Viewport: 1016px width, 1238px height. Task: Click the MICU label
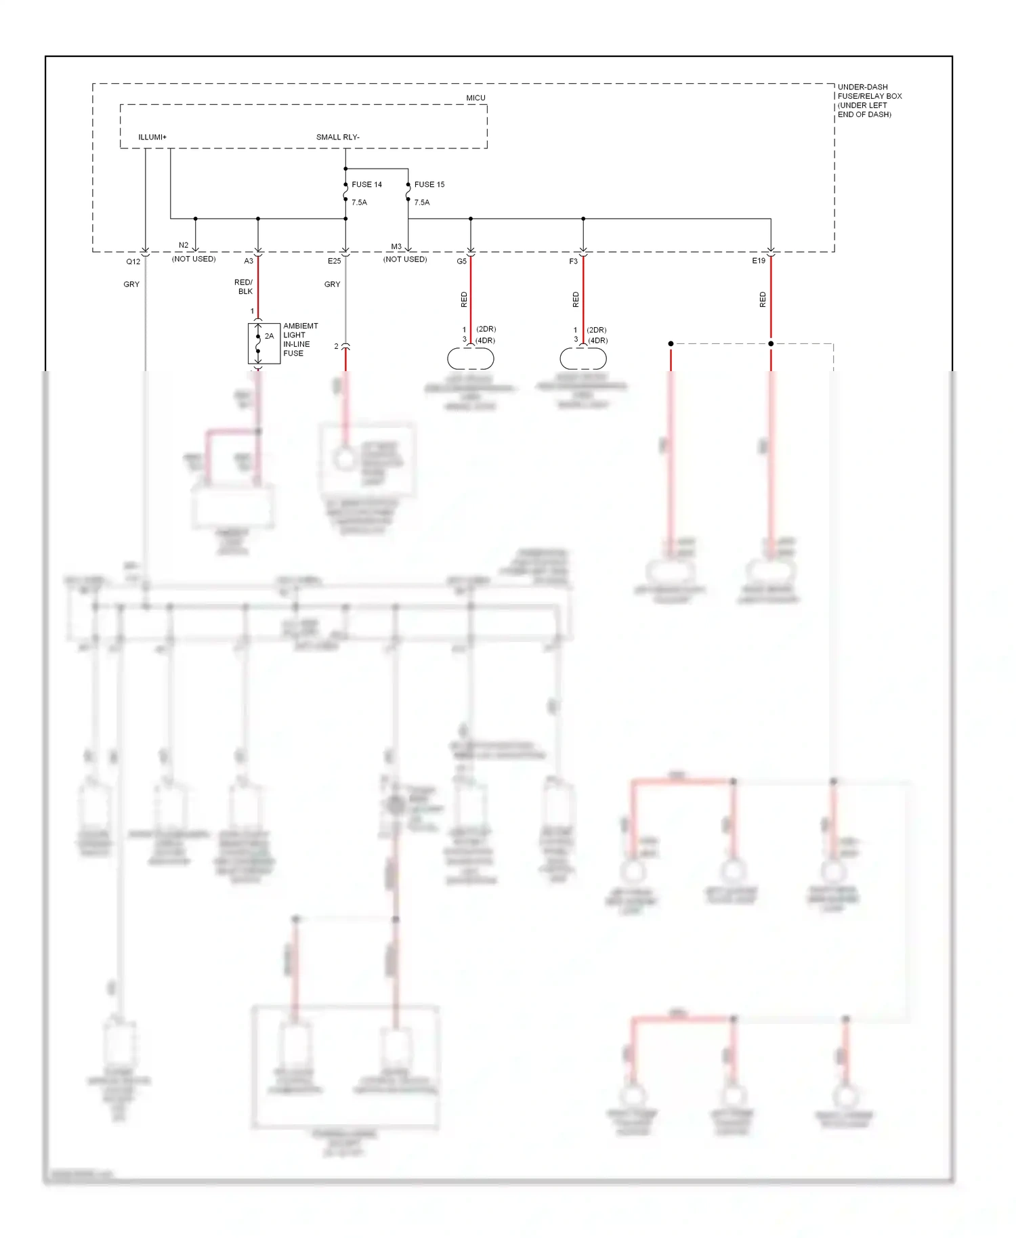pos(475,98)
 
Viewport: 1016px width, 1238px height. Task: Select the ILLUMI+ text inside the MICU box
pos(152,137)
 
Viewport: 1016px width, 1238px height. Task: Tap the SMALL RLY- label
pos(337,137)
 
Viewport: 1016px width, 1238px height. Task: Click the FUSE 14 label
pos(366,184)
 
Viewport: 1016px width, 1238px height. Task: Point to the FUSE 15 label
pos(429,184)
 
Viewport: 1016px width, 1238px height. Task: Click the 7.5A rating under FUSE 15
pos(422,202)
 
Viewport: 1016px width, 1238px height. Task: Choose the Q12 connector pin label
pos(133,261)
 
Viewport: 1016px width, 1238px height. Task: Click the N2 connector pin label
pos(184,245)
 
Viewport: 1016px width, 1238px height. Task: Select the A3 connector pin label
pos(249,261)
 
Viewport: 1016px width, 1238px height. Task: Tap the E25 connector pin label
pos(335,261)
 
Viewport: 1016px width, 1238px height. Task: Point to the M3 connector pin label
pos(396,247)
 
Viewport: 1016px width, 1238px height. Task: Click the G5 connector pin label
pos(461,261)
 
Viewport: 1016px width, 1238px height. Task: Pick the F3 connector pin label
pos(573,261)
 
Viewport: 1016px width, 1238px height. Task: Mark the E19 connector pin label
pos(759,261)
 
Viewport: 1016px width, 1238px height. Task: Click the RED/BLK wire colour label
pos(244,286)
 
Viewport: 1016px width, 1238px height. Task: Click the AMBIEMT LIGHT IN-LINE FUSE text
pos(300,339)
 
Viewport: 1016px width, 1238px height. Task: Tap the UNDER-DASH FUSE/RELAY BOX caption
pos(869,101)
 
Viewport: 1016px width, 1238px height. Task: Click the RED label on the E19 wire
pos(763,299)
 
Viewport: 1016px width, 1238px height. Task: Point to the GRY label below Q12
pos(131,284)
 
